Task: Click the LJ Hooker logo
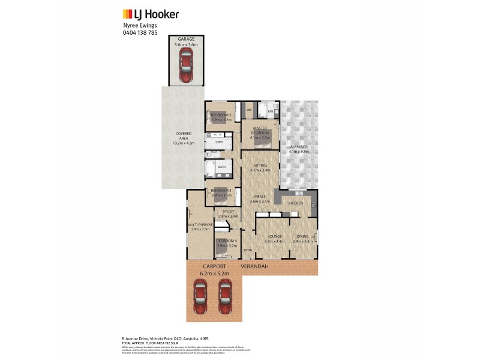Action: click(150, 14)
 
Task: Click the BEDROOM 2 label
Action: click(221, 115)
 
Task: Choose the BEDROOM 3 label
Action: click(221, 191)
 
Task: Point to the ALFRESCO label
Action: click(298, 147)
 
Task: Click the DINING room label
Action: click(301, 236)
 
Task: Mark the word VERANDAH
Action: click(254, 266)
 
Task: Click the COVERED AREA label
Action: click(183, 136)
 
